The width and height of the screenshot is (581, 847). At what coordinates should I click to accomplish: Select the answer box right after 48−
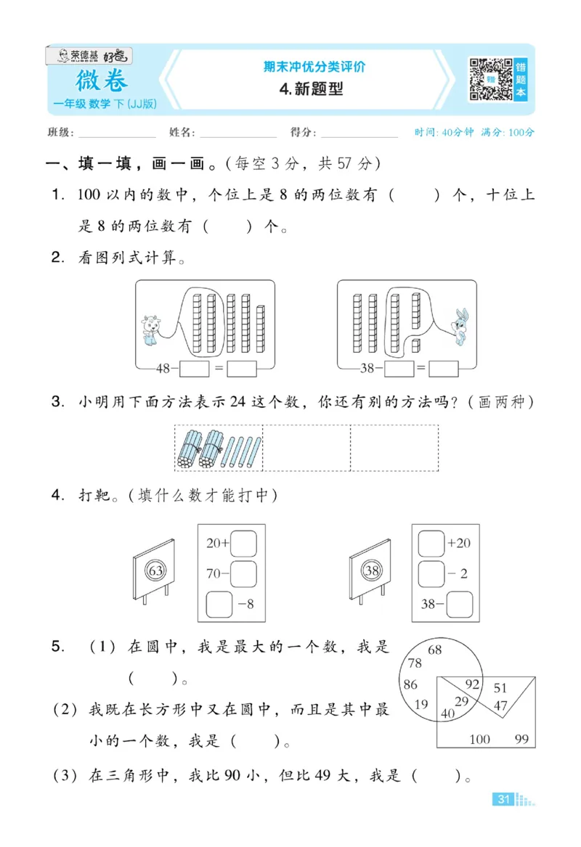[x=194, y=369]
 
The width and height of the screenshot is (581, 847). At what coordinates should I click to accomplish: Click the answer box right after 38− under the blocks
[x=398, y=369]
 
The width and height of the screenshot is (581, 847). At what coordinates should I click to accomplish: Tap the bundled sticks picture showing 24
[x=218, y=449]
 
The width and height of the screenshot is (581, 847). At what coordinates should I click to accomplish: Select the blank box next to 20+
[x=243, y=542]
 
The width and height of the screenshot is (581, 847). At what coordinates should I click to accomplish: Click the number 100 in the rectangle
[x=479, y=740]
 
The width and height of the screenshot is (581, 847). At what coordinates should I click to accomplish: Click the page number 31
[x=503, y=799]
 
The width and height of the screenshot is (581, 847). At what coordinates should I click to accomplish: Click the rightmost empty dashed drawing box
[x=394, y=448]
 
